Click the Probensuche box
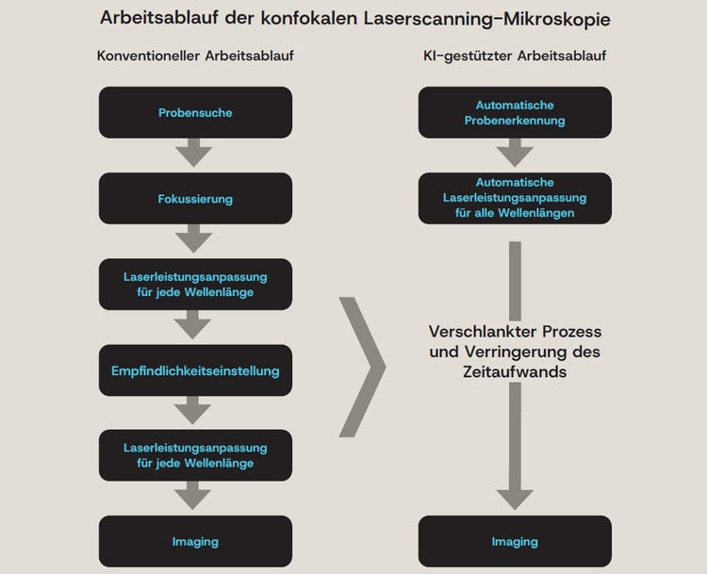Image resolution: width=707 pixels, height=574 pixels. (x=195, y=113)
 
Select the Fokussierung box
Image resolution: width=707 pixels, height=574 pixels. (x=195, y=200)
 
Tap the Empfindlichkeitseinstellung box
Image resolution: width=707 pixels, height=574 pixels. (x=195, y=370)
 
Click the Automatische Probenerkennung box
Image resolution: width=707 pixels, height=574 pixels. (x=515, y=113)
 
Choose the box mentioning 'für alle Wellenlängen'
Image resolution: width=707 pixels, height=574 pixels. (x=515, y=198)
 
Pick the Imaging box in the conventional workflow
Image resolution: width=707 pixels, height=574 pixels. (x=195, y=541)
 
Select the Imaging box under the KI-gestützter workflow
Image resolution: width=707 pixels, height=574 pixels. (x=515, y=541)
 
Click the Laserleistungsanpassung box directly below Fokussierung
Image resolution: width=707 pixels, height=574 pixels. (x=195, y=284)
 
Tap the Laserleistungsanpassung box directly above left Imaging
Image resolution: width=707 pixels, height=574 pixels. (x=195, y=455)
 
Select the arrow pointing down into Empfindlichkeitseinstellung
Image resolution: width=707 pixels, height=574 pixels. (x=195, y=325)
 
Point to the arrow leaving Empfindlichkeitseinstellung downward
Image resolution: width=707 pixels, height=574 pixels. (x=195, y=410)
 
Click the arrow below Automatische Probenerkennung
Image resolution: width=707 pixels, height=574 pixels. (x=515, y=151)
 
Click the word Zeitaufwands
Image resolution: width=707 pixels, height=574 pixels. (x=515, y=372)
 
